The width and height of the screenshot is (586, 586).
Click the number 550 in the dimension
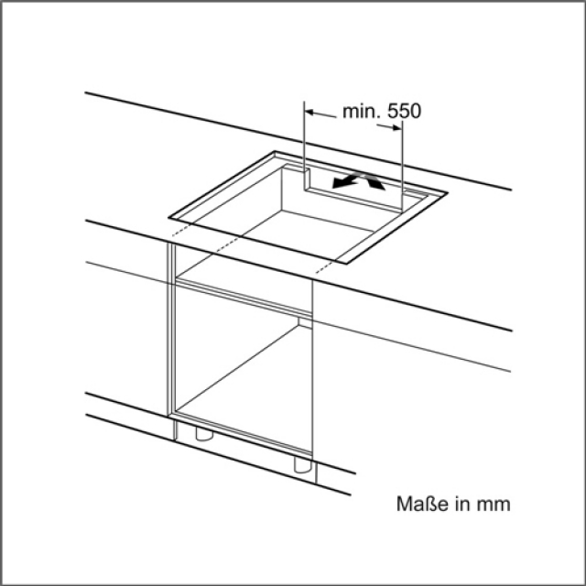[404, 111]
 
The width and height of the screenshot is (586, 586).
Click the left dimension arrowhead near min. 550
[309, 112]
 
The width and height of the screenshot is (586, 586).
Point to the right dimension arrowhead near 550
[396, 127]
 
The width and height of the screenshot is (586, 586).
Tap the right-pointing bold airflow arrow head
[376, 183]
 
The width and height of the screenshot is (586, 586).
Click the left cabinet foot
[204, 433]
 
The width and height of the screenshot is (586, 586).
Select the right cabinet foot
[302, 465]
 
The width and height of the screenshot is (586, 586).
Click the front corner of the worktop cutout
[346, 264]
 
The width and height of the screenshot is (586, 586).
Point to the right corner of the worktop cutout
[448, 193]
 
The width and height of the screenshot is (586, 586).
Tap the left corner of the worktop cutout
[168, 217]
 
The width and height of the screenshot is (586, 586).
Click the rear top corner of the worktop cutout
[275, 151]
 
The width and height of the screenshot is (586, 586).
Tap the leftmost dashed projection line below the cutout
[181, 230]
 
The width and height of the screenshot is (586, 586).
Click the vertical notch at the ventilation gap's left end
[306, 179]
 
